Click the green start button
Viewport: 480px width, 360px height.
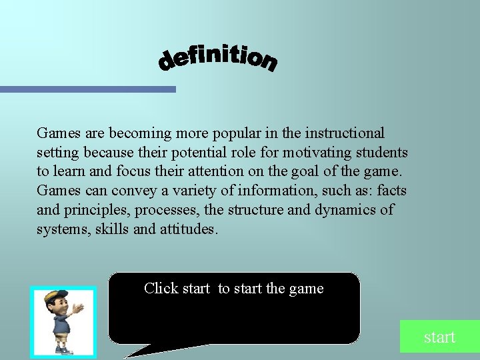click(439, 337)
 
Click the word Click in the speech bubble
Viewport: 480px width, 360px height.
click(161, 289)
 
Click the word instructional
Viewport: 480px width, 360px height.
click(346, 133)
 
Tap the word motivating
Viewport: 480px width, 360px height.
click(317, 153)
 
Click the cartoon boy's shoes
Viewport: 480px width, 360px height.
click(62, 350)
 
